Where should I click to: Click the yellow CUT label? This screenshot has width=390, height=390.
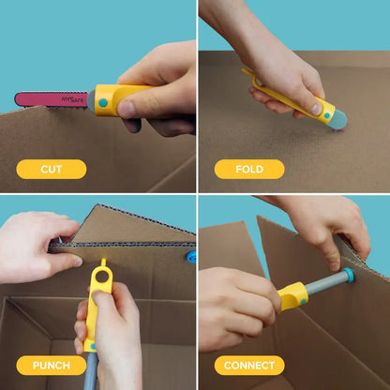[51, 170]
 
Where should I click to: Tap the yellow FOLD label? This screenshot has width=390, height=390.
[249, 170]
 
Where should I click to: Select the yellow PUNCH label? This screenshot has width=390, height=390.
[51, 366]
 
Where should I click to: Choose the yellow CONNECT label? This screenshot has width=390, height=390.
[249, 366]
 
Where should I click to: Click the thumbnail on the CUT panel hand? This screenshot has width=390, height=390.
[128, 107]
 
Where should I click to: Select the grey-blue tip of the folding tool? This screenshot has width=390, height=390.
[335, 120]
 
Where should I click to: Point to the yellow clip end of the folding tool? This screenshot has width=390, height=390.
[247, 72]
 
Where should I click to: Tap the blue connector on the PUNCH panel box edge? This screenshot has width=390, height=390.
[191, 256]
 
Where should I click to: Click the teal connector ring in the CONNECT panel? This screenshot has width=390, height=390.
[349, 277]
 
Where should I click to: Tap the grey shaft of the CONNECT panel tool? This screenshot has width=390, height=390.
[324, 284]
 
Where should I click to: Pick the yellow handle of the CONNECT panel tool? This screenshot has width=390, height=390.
[292, 295]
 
